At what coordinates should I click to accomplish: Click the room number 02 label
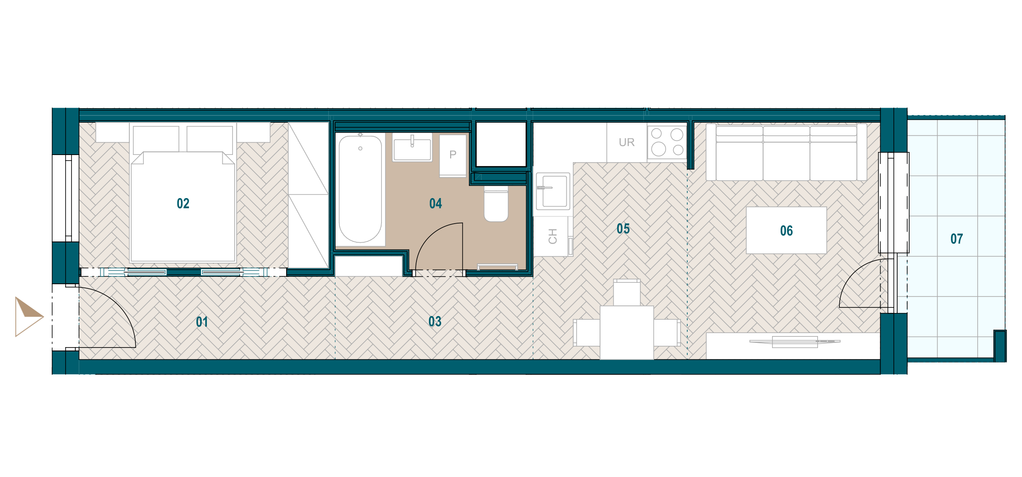[x=183, y=204]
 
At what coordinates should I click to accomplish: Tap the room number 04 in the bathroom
[x=436, y=204]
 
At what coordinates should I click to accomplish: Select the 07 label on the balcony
[x=957, y=239]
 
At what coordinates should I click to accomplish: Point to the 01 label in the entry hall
[x=202, y=322]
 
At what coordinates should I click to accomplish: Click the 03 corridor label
[x=435, y=322]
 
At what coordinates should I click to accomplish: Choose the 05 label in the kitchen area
[x=623, y=229]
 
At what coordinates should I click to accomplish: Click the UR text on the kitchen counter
[x=627, y=142]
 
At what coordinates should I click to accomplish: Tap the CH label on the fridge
[x=553, y=236]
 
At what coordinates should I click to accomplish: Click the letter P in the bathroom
[x=453, y=155]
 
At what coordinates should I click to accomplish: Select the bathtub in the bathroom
[x=360, y=189]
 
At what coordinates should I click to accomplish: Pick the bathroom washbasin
[x=412, y=148]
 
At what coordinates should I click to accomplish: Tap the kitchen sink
[x=553, y=191]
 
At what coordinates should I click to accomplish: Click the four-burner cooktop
[x=667, y=142]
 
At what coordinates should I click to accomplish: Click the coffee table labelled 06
[x=787, y=230]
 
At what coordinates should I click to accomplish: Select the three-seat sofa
[x=787, y=152]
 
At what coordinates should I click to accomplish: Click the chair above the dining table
[x=627, y=292]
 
